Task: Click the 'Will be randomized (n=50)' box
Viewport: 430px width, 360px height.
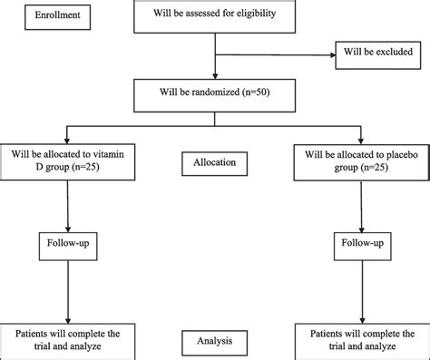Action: tap(214, 92)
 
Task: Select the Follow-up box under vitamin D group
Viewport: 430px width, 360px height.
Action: tap(69, 245)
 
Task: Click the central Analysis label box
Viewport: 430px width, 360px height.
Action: tap(214, 343)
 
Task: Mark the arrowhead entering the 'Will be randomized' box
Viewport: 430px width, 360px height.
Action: tap(214, 77)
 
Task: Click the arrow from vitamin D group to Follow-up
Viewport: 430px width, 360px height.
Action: tap(69, 204)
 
